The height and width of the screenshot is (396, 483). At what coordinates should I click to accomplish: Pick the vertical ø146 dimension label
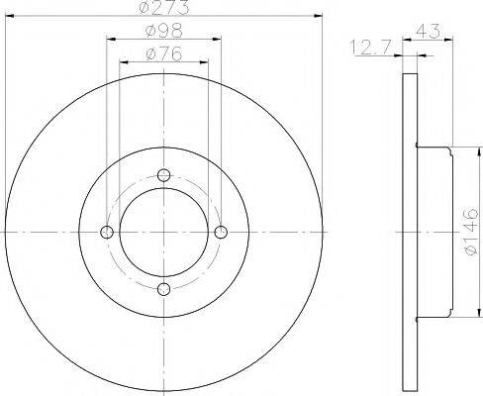point(471,234)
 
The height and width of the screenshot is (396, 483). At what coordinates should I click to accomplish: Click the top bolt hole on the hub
point(164,176)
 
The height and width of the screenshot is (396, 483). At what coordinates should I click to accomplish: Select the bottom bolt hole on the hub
point(164,289)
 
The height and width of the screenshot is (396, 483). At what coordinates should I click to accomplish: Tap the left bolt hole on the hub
point(108,233)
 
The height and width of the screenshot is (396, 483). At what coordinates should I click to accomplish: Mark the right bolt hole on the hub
point(221,233)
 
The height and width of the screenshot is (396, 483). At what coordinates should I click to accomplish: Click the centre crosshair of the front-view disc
point(164,233)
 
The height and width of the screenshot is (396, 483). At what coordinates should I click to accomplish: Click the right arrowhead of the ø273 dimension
point(321,17)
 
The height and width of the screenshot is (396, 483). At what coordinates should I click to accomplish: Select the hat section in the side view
point(435,233)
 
